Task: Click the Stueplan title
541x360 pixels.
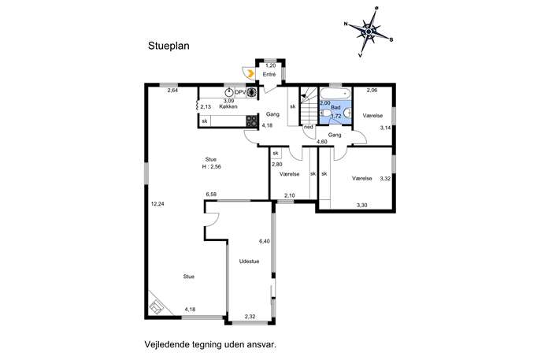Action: [x=169, y=46]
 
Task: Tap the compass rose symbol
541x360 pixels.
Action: [x=369, y=32]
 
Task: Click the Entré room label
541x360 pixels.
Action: [x=269, y=74]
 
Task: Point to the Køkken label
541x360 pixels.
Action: [x=228, y=106]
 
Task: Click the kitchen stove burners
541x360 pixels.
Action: [x=251, y=121]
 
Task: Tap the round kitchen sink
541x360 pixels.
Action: [x=229, y=92]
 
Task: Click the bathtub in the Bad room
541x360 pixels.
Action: [x=335, y=93]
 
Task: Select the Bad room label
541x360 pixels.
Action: [x=335, y=107]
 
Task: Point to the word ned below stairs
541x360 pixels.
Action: [x=309, y=127]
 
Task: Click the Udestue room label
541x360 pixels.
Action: [x=249, y=262]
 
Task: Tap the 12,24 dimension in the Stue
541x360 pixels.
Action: [x=157, y=204]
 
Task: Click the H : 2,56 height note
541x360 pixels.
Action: [x=212, y=166]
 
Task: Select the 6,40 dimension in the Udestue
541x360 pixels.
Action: [x=265, y=241]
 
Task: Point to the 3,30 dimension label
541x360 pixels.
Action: [x=361, y=205]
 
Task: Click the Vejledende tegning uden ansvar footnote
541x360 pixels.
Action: [x=210, y=344]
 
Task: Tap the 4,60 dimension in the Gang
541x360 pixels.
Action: [x=322, y=142]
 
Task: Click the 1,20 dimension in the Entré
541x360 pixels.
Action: [x=271, y=65]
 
